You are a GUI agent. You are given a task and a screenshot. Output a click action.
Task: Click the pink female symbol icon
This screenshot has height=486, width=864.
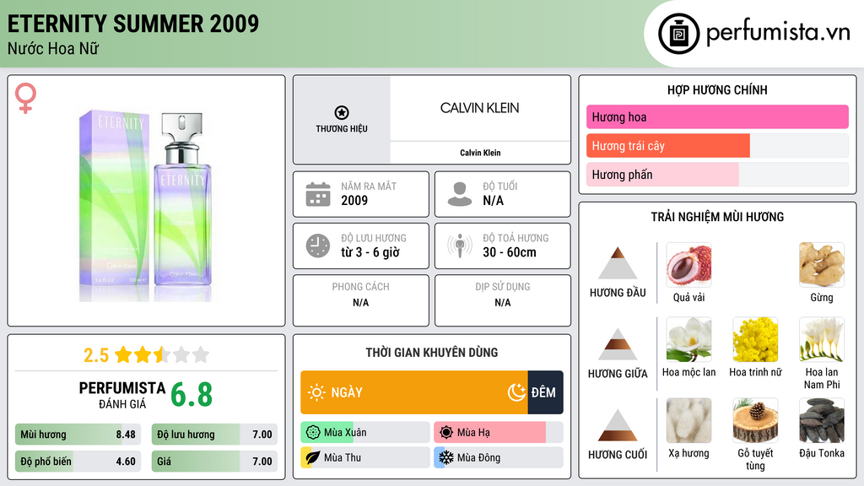pyautogui.click(x=25, y=99)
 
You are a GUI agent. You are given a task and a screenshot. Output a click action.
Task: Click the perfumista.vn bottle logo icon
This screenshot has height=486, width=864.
pyautogui.click(x=678, y=34)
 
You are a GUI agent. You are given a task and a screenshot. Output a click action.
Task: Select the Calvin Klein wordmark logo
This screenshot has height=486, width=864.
pyautogui.click(x=479, y=108)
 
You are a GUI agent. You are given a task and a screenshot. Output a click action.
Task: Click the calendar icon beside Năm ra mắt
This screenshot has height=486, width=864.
pyautogui.click(x=318, y=194)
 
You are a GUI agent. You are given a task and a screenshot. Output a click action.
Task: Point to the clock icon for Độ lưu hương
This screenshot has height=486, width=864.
pyautogui.click(x=318, y=246)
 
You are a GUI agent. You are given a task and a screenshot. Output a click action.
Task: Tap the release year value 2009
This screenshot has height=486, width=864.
pyautogui.click(x=354, y=201)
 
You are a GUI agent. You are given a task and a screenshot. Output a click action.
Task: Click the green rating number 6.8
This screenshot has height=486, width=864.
pyautogui.click(x=192, y=394)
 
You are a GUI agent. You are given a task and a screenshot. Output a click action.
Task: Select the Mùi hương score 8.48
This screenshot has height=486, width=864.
pyautogui.click(x=126, y=435)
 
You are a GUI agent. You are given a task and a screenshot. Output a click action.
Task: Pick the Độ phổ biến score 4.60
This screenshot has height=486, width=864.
pyautogui.click(x=126, y=462)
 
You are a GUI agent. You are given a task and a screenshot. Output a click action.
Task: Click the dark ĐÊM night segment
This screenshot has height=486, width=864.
pyautogui.click(x=545, y=392)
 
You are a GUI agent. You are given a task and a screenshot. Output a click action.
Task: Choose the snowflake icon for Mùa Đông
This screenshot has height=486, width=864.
pyautogui.click(x=445, y=457)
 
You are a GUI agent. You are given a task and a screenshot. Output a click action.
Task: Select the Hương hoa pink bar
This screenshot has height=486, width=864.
pyautogui.click(x=717, y=117)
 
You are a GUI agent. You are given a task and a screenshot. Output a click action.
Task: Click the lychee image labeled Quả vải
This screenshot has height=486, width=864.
pyautogui.click(x=688, y=265)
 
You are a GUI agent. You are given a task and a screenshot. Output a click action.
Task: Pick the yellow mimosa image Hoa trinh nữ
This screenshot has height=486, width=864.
pyautogui.click(x=754, y=340)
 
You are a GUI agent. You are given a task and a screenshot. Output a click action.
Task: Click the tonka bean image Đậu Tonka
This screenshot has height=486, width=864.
pyautogui.click(x=821, y=421)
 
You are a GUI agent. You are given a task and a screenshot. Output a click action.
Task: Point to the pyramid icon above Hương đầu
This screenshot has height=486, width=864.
pyautogui.click(x=618, y=263)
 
